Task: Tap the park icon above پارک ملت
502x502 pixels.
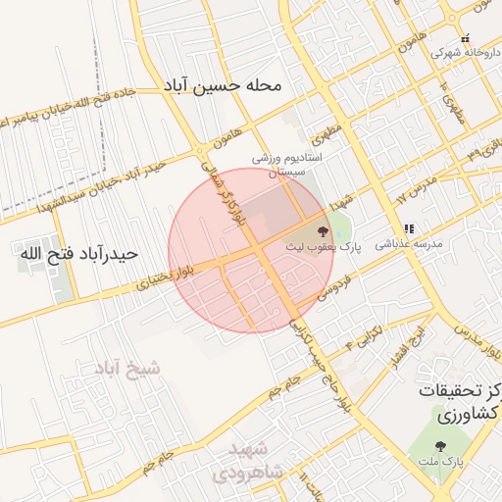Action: pyautogui.click(x=452, y=447)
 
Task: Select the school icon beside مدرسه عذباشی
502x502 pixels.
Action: pyautogui.click(x=409, y=228)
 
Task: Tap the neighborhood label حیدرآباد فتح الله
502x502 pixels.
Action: pyautogui.click(x=80, y=254)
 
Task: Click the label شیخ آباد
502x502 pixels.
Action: pyautogui.click(x=127, y=369)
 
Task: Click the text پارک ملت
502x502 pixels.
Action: pyautogui.click(x=452, y=461)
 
